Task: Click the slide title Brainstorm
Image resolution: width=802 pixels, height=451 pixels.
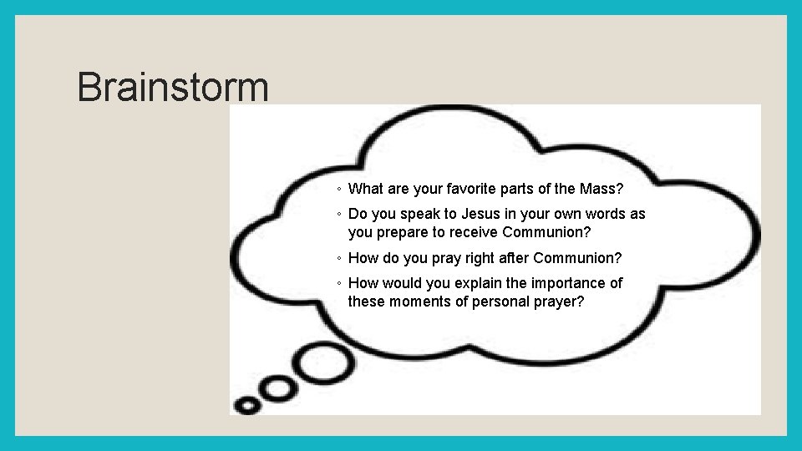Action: pos(173,88)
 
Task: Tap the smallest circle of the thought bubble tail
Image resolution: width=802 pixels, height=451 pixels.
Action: pos(248,405)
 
